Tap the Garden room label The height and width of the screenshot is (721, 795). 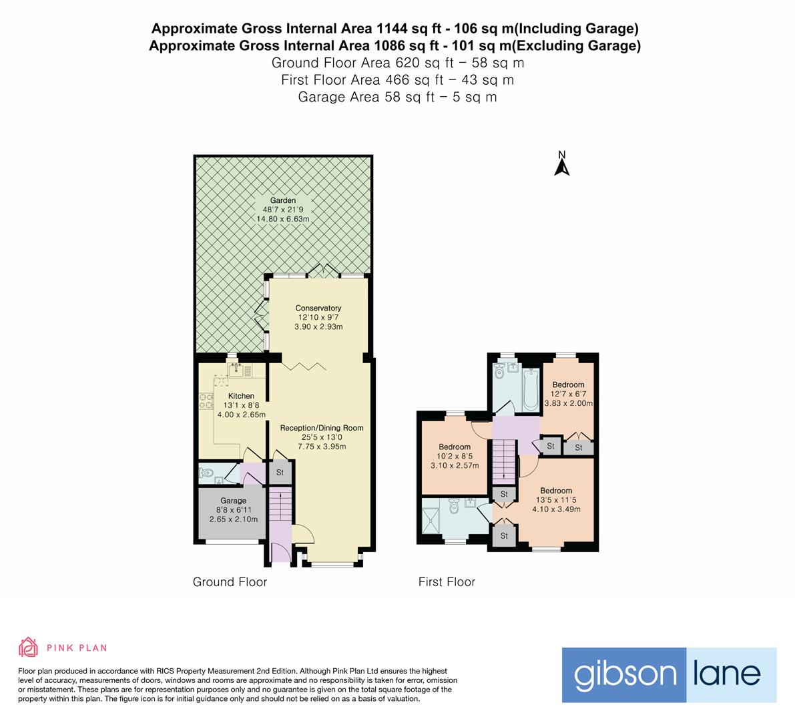[x=283, y=200]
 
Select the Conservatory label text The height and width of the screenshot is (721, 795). [x=318, y=308]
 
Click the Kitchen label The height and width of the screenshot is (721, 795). [x=240, y=396]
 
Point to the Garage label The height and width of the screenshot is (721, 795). [x=234, y=501]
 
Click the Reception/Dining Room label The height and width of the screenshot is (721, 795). [x=321, y=428]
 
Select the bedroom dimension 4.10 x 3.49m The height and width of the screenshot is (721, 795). [x=556, y=509]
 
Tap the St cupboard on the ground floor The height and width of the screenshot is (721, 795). [x=280, y=473]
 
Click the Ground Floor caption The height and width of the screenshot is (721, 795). [x=230, y=582]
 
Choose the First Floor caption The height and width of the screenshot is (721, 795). [x=447, y=582]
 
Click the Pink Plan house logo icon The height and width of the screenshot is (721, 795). [x=28, y=647]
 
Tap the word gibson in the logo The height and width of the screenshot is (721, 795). [x=615, y=674]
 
